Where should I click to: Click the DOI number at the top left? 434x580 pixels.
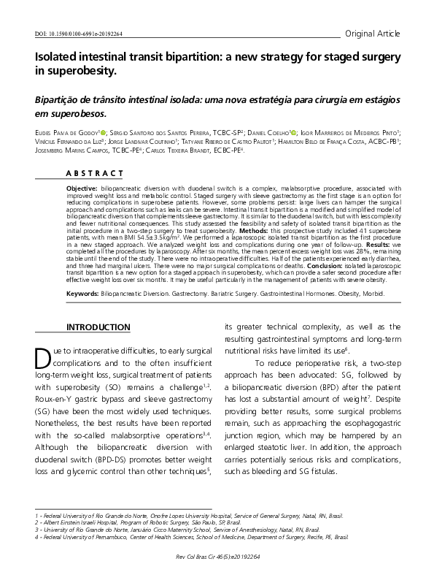pos(80,34)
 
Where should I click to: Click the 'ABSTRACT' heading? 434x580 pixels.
pos(96,173)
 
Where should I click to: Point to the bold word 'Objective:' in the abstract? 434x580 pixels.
pos(82,188)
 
